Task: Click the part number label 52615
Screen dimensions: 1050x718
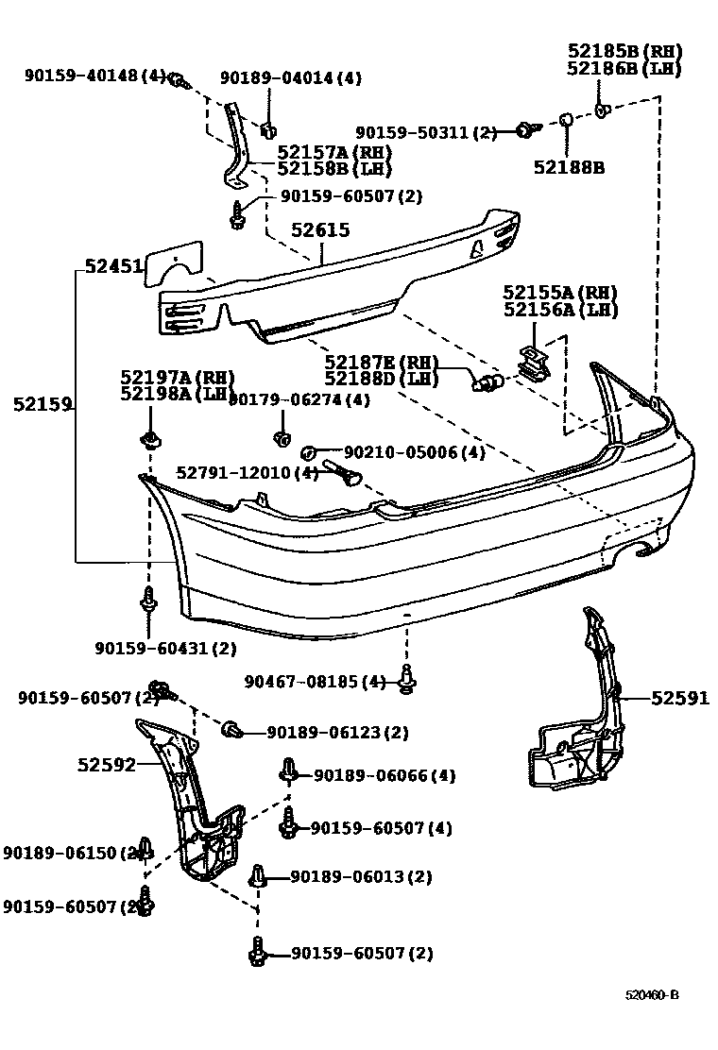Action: click(320, 229)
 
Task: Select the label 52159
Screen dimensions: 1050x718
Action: click(43, 404)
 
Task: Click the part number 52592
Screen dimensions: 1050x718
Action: click(107, 764)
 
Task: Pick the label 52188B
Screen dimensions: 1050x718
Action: click(569, 167)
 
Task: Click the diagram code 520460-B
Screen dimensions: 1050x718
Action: click(651, 996)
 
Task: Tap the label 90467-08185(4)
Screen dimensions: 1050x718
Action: click(316, 681)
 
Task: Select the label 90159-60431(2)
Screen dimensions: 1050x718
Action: click(165, 648)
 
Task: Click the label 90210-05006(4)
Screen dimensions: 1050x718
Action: click(401, 452)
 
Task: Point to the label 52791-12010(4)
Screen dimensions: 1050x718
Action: click(248, 472)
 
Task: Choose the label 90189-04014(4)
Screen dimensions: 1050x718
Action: click(291, 78)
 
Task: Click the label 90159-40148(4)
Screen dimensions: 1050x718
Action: click(94, 76)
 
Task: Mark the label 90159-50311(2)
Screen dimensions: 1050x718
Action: click(426, 133)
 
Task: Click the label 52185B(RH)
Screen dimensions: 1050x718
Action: click(624, 51)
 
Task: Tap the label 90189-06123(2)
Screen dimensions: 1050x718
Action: click(337, 732)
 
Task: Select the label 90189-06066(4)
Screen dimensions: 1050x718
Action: click(385, 775)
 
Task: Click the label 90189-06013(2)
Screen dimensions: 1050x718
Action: click(361, 876)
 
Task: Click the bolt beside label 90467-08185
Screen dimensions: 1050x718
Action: click(407, 680)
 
